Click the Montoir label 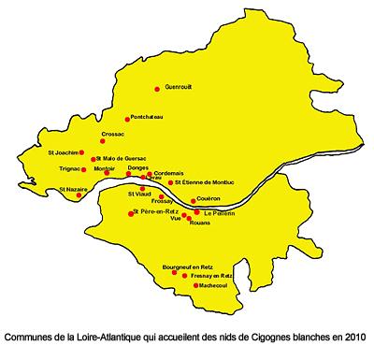point(106,168)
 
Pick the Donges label point(139,167)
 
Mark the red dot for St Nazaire point(79,195)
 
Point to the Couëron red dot point(192,200)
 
